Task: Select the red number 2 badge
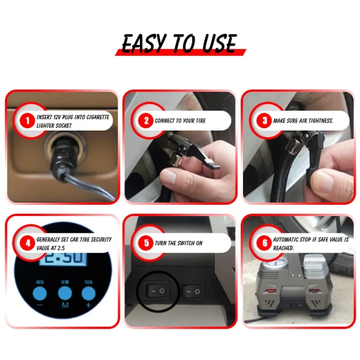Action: (x=146, y=120)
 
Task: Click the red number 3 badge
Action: (x=264, y=120)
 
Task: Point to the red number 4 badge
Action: (x=26, y=243)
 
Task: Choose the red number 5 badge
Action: (x=146, y=243)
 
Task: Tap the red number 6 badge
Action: (x=264, y=243)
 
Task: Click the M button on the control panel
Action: (x=65, y=293)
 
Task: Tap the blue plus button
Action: (x=89, y=293)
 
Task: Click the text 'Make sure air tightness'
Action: (x=303, y=121)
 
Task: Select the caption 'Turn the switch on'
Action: (x=178, y=243)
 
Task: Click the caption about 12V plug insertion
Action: (x=73, y=121)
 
